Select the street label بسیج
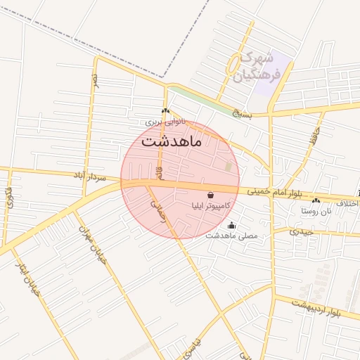[242, 112]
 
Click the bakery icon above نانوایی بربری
[165, 111]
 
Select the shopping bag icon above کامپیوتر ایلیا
[210, 195]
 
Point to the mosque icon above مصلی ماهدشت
[232, 226]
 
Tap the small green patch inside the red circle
[228, 167]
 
